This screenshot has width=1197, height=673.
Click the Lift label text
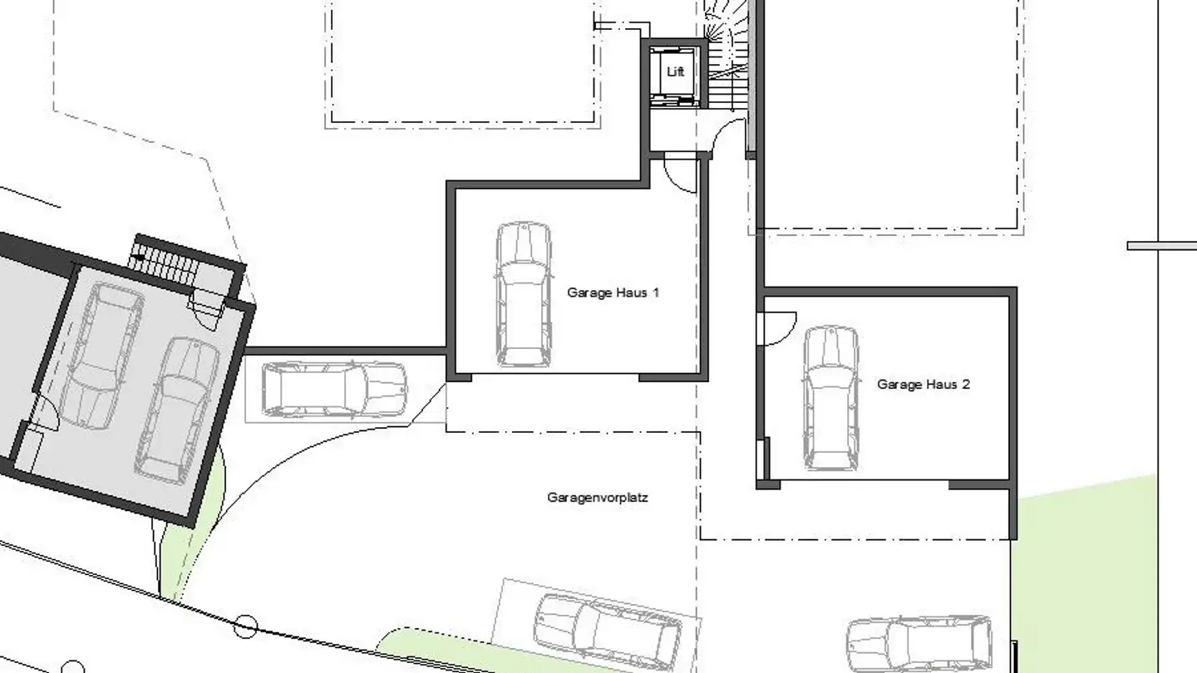675,72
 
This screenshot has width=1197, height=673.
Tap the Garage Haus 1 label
613,292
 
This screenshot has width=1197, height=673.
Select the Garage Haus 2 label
923,385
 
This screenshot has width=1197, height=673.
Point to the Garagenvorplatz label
597,498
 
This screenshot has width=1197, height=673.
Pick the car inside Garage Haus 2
830,397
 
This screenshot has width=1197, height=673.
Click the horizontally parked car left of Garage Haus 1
334,389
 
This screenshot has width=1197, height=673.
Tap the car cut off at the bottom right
919,646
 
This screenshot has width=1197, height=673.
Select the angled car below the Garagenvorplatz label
607,629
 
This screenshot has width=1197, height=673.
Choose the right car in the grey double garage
176,409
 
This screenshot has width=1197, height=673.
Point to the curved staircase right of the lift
728,54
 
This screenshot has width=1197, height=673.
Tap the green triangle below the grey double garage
187,540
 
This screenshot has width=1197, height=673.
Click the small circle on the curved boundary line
244,625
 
